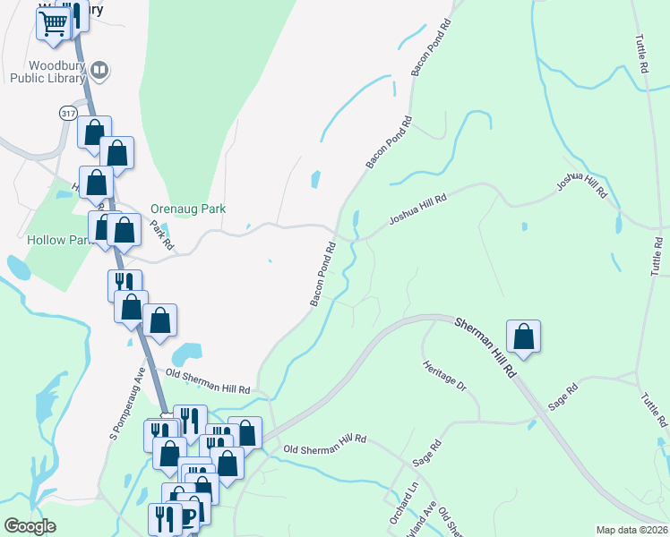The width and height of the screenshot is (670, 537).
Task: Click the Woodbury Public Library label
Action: pyautogui.click(x=47, y=72)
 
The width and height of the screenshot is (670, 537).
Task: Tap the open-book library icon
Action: pyautogui.click(x=100, y=69)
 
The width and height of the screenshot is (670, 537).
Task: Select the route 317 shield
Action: pyautogui.click(x=68, y=113)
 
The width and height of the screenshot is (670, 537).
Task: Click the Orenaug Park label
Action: pyautogui.click(x=188, y=209)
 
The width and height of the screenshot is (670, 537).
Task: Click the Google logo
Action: pyautogui.click(x=30, y=526)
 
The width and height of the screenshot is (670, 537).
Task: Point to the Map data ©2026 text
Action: pyautogui.click(x=631, y=530)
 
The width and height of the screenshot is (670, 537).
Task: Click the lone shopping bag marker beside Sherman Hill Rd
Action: pyautogui.click(x=524, y=337)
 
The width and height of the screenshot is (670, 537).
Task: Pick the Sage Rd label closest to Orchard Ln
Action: pyautogui.click(x=427, y=452)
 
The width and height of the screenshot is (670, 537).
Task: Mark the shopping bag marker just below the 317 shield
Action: pyautogui.click(x=94, y=132)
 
